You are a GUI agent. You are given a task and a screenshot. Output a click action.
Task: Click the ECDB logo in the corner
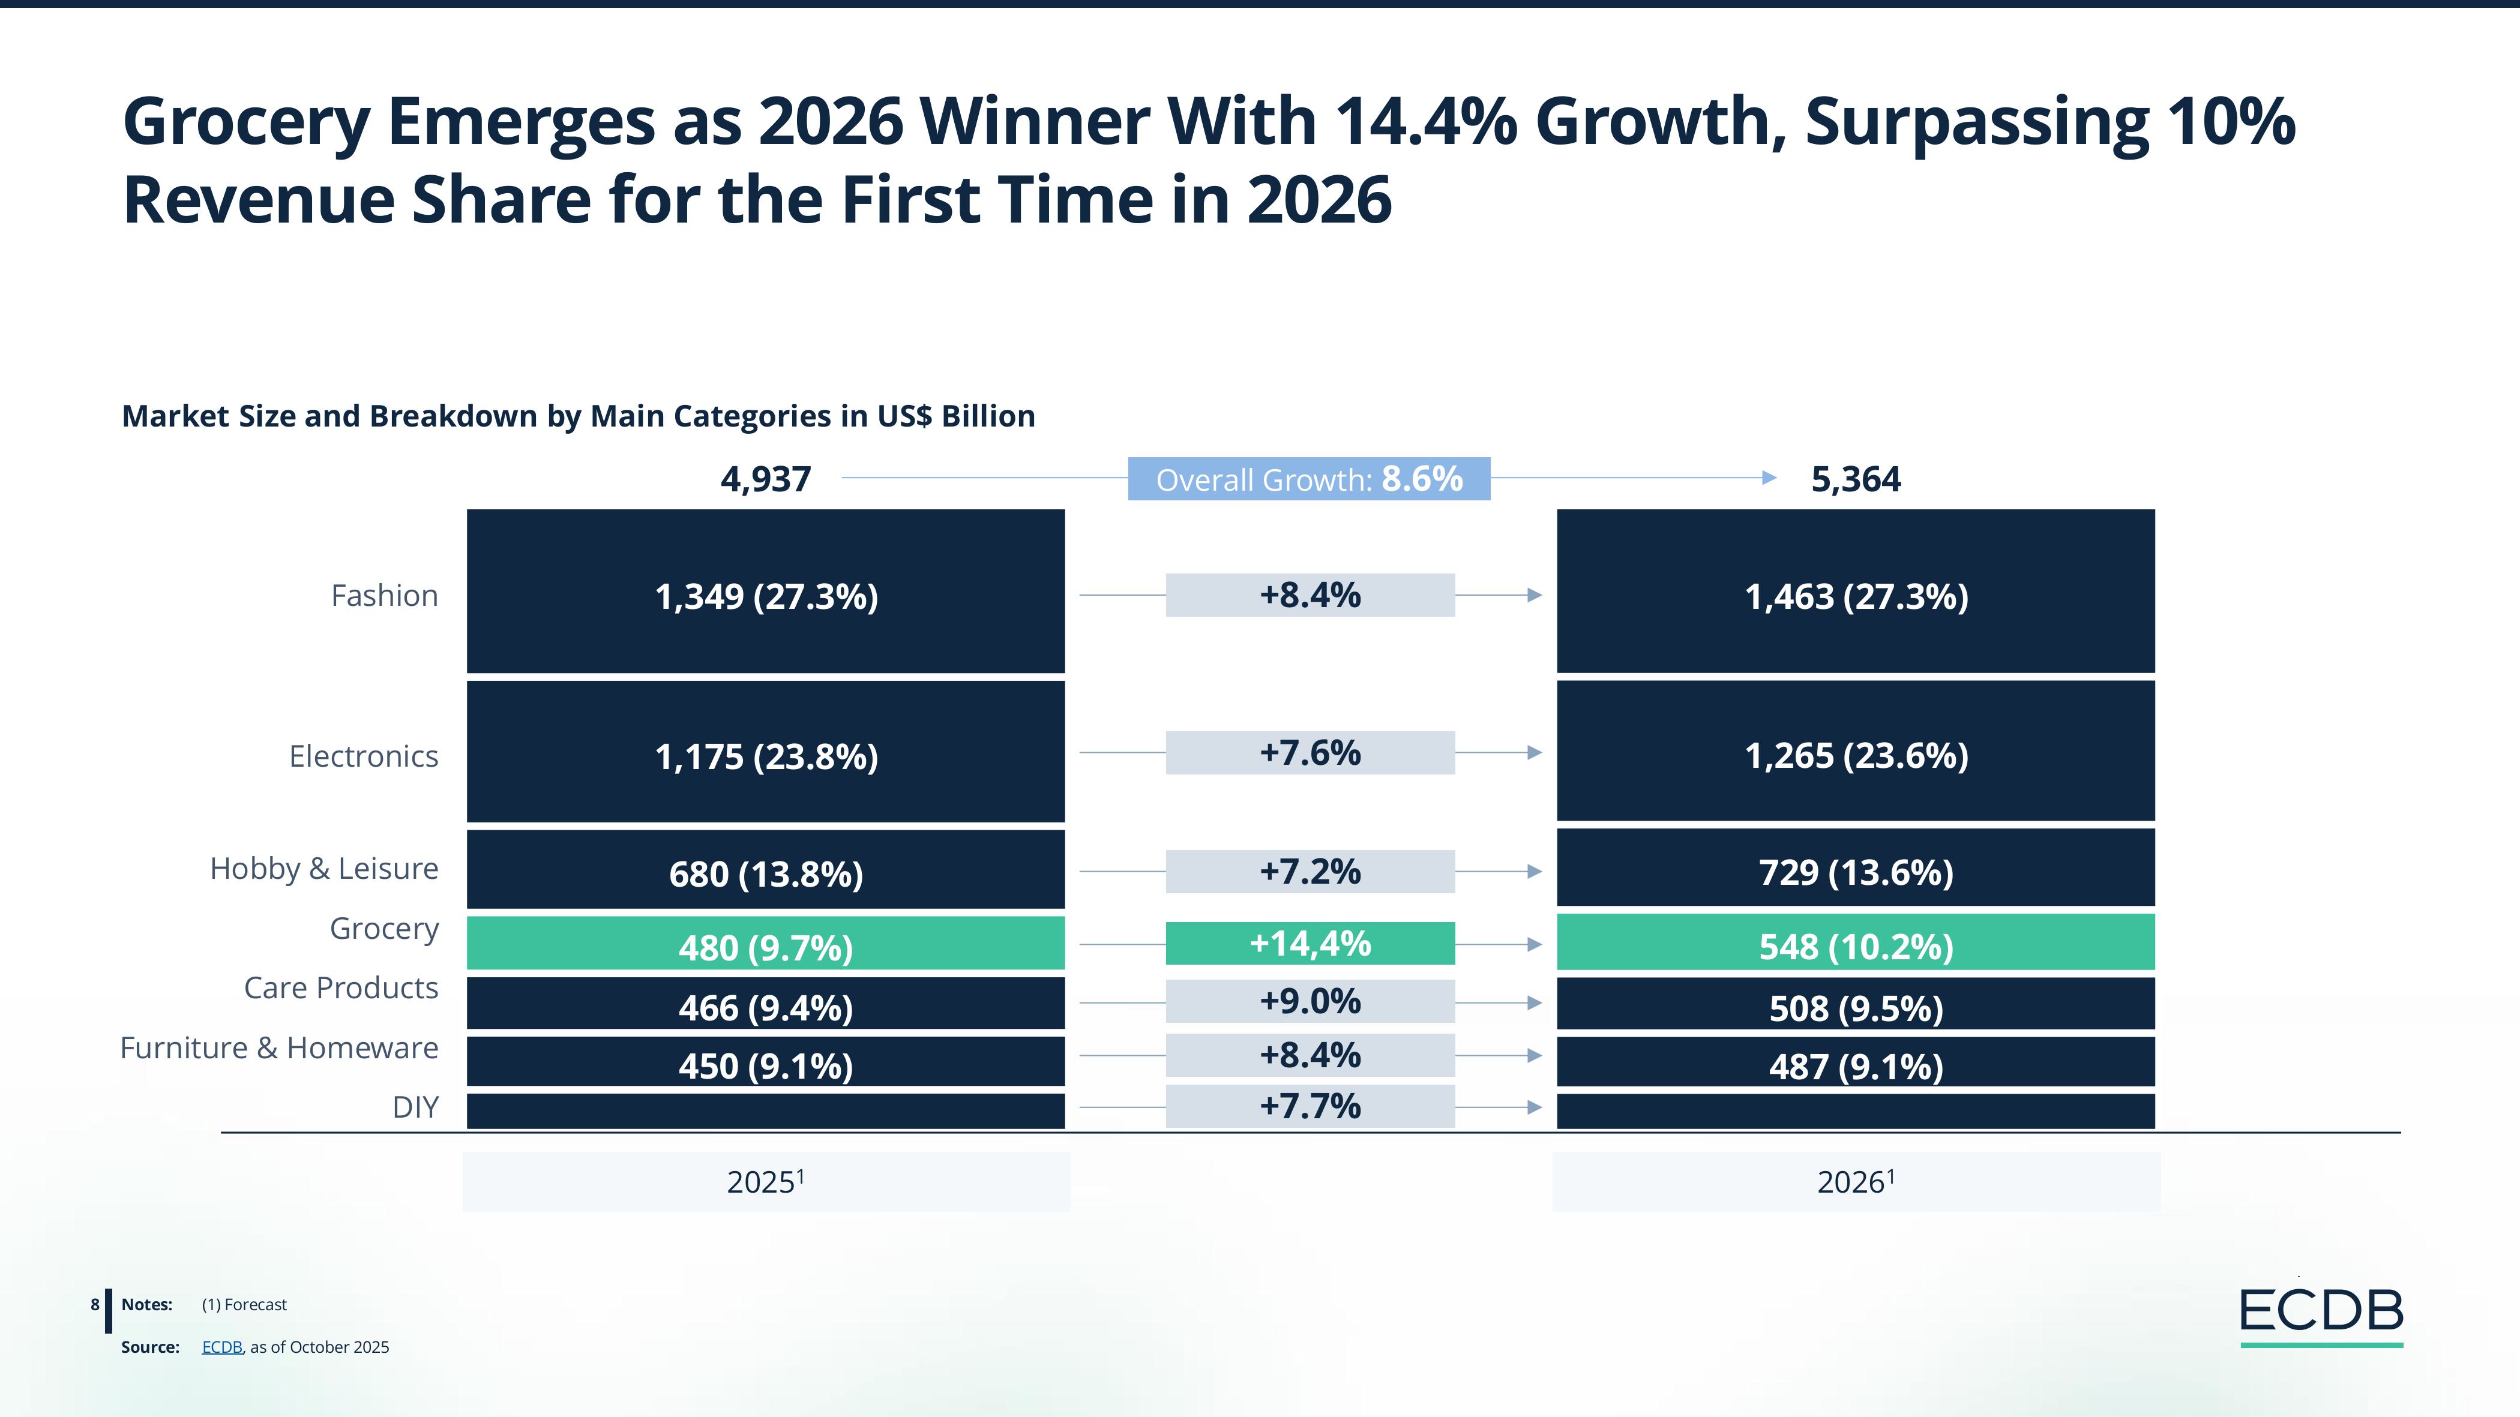coord(2320,1313)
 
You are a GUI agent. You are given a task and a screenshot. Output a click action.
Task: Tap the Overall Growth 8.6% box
coord(1309,479)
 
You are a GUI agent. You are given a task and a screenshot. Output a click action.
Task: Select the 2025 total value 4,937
coord(765,479)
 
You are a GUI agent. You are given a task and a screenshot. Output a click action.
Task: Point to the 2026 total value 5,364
coord(1855,479)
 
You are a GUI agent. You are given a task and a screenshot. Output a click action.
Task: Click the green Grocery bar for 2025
coord(765,944)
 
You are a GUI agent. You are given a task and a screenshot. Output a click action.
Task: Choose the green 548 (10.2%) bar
coord(1855,944)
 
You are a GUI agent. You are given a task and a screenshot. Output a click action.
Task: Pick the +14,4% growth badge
coord(1310,944)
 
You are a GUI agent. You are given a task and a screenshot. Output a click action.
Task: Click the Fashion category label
coord(385,596)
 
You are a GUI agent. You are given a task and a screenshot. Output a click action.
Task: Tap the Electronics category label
coord(363,756)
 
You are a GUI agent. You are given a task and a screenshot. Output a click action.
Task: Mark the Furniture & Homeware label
coord(279,1047)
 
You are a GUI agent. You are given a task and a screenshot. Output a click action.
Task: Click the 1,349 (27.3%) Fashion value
coord(766,596)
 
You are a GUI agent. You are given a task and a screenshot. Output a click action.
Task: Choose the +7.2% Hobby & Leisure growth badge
coord(1310,871)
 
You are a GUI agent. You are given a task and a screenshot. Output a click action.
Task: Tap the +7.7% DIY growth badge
coord(1310,1106)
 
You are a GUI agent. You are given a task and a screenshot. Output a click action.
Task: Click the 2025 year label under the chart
coord(765,1181)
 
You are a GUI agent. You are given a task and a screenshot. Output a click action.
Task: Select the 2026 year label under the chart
coord(1856,1181)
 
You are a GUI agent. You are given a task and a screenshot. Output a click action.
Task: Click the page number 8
coord(95,1305)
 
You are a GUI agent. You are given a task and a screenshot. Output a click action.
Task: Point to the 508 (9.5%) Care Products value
coord(1856,1007)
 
